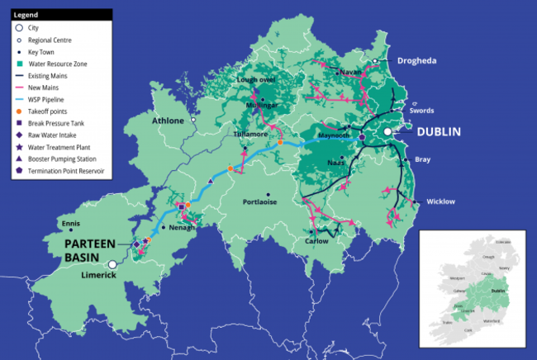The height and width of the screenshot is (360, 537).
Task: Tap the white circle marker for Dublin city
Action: coord(387,131)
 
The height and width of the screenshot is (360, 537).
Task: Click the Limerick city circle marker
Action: coord(112,265)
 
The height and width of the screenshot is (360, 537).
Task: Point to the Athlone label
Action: coord(169,121)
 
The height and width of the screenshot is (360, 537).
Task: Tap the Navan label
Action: coord(350,72)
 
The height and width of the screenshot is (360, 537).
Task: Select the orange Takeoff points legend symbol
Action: coord(19,111)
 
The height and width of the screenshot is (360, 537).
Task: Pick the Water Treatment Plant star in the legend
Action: coord(19,148)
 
